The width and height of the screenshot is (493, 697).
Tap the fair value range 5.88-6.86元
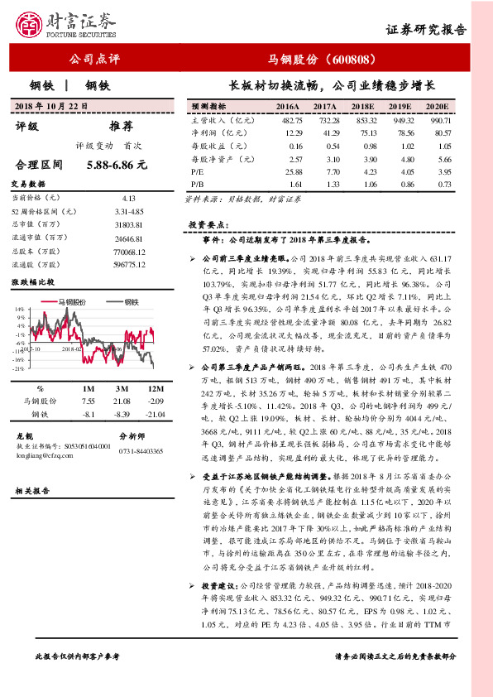[x=116, y=165]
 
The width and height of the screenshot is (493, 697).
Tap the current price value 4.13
[x=128, y=198]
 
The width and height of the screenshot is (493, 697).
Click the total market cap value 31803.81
[x=128, y=225]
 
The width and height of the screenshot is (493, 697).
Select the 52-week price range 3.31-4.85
[x=128, y=211]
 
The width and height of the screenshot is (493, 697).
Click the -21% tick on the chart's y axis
[x=19, y=369]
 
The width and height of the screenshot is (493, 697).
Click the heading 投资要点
[x=203, y=224]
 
